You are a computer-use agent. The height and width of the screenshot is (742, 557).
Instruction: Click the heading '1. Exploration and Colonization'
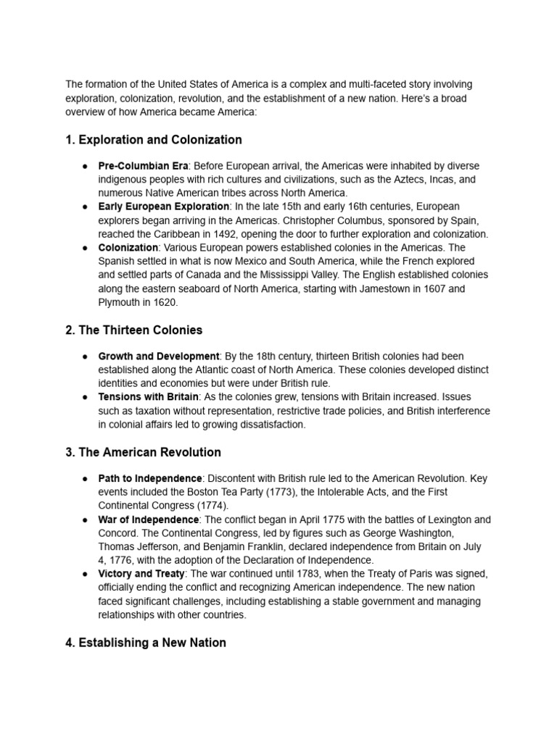[x=154, y=139]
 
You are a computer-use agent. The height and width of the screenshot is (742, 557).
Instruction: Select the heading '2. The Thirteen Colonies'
[x=133, y=330]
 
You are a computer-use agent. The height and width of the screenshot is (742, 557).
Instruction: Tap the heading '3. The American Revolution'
[x=143, y=452]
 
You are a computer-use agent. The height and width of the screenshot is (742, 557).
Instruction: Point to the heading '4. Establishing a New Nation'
[x=145, y=643]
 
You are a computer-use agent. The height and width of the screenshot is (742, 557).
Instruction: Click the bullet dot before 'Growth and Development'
[x=85, y=357]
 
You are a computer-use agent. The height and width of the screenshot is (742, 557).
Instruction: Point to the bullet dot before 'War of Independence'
[x=85, y=520]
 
